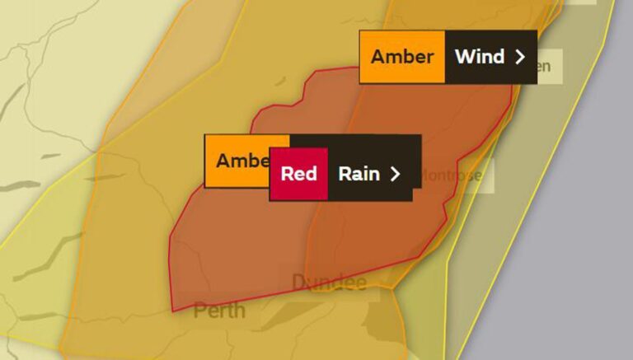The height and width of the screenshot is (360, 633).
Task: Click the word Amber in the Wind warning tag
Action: [401, 57]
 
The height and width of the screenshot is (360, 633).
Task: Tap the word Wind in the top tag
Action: [479, 57]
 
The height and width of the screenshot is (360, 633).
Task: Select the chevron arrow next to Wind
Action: [519, 57]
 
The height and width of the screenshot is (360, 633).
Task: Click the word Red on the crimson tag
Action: [298, 174]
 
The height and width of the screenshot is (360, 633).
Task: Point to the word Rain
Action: [359, 174]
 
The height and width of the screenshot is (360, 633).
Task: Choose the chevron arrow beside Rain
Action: [396, 174]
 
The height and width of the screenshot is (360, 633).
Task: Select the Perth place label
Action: [219, 311]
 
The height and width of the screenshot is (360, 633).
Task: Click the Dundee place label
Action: [329, 283]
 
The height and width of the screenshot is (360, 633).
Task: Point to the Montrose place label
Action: [451, 175]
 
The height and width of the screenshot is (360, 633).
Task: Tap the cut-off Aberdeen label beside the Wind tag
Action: [545, 66]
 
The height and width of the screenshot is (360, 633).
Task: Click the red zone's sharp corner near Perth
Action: [172, 311]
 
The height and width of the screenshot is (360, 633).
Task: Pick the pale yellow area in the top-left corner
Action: [49, 33]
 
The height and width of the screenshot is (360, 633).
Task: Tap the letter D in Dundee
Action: [298, 283]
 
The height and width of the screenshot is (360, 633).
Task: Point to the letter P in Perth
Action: [199, 311]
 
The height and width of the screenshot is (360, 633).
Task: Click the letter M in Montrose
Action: [426, 175]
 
